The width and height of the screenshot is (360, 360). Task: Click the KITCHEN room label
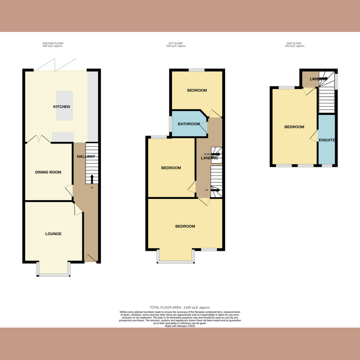(61, 107)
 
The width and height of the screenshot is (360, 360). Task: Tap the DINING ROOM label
(48, 172)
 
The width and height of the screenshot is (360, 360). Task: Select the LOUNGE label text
(53, 234)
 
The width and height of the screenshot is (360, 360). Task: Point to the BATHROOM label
(189, 124)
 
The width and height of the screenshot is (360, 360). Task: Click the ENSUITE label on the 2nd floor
(327, 140)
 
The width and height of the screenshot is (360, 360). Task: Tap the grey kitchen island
(63, 106)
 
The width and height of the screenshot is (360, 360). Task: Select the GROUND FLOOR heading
(53, 44)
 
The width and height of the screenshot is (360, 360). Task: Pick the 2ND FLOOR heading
(296, 44)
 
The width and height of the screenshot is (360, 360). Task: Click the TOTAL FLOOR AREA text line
(180, 306)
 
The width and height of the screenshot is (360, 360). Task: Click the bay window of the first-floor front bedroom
(175, 256)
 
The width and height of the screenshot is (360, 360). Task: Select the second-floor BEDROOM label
(294, 127)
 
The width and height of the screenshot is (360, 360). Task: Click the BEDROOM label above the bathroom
(197, 90)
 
